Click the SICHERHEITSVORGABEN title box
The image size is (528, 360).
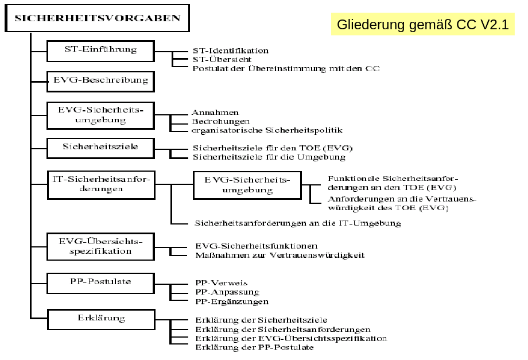(x=96, y=18)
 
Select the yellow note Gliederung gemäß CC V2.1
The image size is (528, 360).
(x=422, y=25)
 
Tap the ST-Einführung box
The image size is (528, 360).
(x=100, y=51)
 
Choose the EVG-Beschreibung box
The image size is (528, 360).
(x=100, y=81)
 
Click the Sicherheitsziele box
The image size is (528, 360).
(x=100, y=148)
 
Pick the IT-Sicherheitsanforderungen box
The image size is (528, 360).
(x=100, y=184)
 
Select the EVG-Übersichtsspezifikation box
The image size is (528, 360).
(x=100, y=246)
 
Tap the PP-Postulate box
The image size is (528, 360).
(x=100, y=282)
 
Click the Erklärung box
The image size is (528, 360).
(x=100, y=318)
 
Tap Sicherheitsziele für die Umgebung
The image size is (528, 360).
(x=269, y=157)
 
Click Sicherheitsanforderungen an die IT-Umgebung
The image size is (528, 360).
(x=298, y=223)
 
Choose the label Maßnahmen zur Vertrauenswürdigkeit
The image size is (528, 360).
(x=280, y=255)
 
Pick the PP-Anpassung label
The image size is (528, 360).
(x=227, y=292)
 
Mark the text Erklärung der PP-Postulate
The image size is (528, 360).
(x=255, y=347)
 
